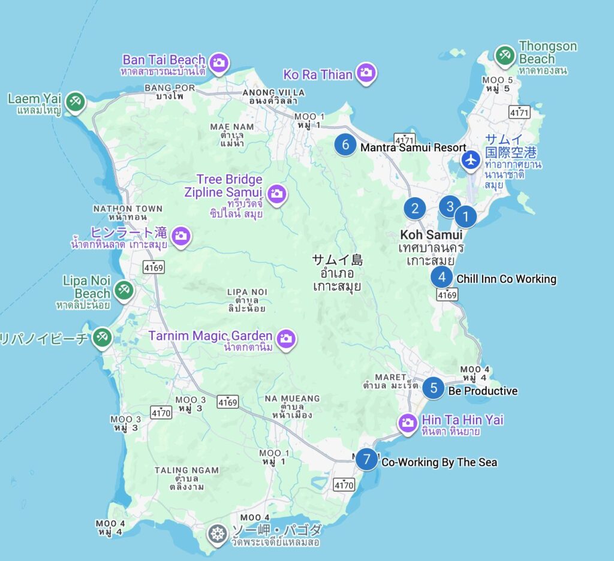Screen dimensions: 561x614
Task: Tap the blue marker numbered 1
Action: pyautogui.click(x=465, y=216)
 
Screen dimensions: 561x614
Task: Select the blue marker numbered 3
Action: pyautogui.click(x=449, y=207)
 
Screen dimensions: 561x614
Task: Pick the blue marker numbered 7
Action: pyautogui.click(x=367, y=460)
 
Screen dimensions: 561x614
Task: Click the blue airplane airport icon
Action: pyautogui.click(x=471, y=160)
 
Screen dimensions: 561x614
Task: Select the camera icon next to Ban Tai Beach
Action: pyautogui.click(x=219, y=61)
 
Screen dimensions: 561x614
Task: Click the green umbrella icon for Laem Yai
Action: pyautogui.click(x=75, y=101)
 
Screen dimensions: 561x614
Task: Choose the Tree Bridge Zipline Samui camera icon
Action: pyautogui.click(x=277, y=193)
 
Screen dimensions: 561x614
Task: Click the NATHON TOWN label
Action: pyautogui.click(x=128, y=209)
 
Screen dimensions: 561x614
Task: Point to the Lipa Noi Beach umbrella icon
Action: pyautogui.click(x=124, y=289)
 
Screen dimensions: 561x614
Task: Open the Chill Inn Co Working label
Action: pyautogui.click(x=506, y=279)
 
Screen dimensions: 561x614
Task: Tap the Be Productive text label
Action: pyautogui.click(x=483, y=391)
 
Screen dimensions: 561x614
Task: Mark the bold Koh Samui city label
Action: pyautogui.click(x=431, y=235)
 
